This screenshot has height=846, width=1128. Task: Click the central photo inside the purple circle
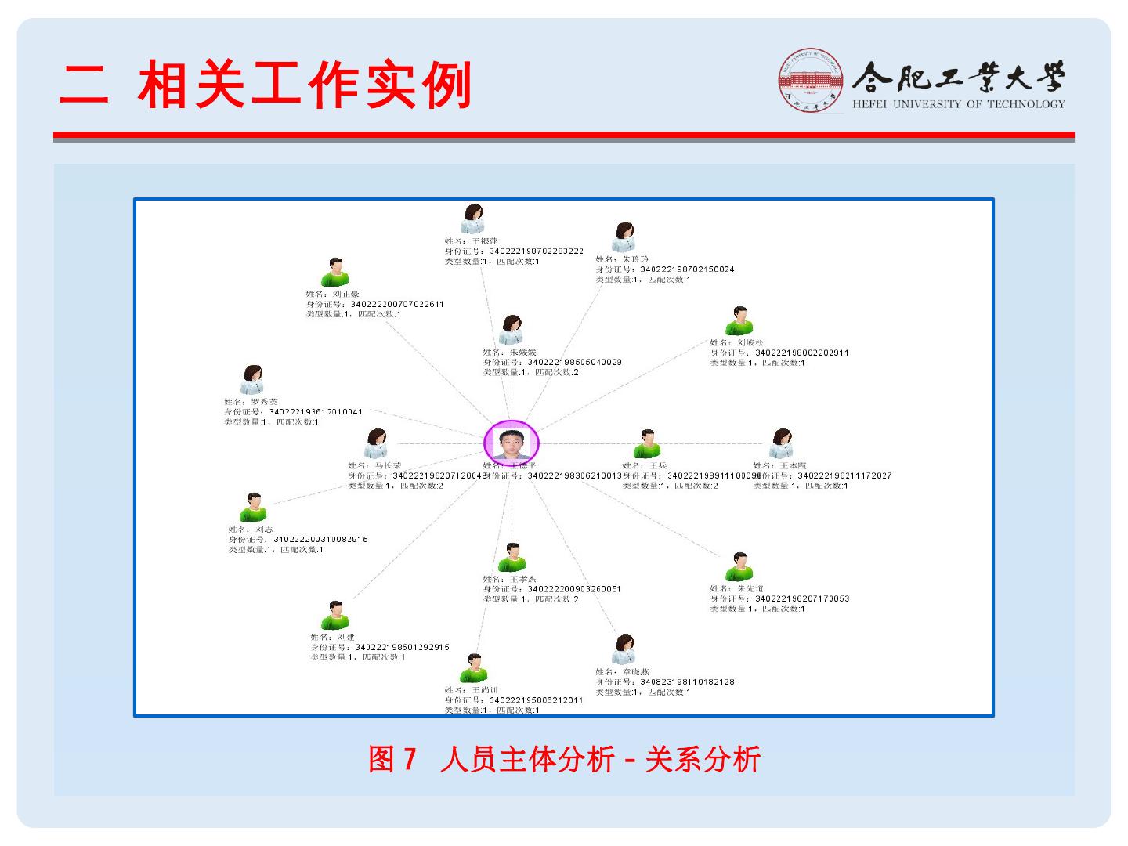512,442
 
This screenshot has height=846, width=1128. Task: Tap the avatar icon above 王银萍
472,219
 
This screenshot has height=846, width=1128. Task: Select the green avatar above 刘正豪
334,273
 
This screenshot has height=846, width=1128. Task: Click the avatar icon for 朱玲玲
624,237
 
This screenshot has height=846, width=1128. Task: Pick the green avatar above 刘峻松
738,321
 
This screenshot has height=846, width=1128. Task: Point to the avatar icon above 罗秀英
252,380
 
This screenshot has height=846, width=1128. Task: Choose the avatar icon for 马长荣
376,443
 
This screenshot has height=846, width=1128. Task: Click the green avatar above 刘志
253,508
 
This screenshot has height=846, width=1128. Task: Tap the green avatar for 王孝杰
512,558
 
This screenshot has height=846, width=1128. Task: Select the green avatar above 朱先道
738,566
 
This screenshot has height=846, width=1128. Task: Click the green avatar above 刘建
335,616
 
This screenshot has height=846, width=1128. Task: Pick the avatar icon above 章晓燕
624,649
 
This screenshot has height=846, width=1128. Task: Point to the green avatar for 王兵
647,443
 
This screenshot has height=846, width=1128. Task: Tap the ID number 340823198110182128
687,681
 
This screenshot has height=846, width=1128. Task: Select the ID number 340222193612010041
315,411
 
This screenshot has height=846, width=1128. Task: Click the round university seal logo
811,81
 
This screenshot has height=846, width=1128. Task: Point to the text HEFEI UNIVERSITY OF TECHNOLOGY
959,104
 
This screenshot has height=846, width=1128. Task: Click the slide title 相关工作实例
305,85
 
